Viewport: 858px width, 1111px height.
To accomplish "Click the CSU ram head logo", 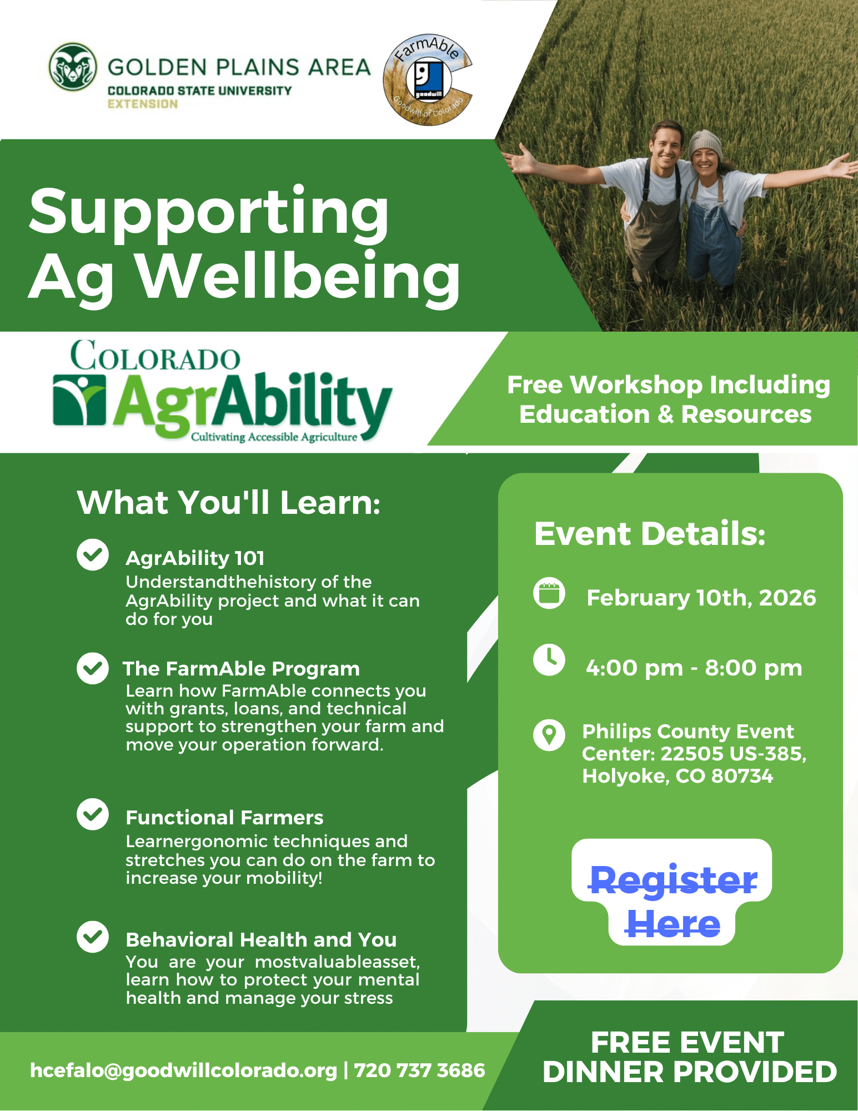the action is pos(73,67).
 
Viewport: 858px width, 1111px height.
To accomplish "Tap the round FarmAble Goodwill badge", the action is pos(427,79).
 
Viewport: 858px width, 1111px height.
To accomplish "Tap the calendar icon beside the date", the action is pos(549,593).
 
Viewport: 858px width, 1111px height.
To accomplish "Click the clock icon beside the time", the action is pos(549,660).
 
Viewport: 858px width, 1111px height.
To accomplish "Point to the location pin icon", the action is pos(549,735).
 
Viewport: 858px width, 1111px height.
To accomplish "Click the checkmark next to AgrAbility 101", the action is pos(93,554).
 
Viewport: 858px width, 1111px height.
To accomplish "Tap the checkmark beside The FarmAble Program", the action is pos(93,668).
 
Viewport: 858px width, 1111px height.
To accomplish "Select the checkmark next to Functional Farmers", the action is pos(93,814).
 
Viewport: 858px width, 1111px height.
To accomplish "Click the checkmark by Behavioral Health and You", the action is pos(93,937).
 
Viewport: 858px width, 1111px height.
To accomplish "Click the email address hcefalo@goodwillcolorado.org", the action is pos(184,1070).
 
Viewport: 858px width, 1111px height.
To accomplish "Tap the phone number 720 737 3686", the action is pos(419,1070).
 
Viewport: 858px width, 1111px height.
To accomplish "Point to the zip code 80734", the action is pos(742,776).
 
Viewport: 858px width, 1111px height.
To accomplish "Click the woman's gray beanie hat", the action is pos(705,144).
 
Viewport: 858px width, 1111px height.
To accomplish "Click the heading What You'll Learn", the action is pos(229,503).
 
